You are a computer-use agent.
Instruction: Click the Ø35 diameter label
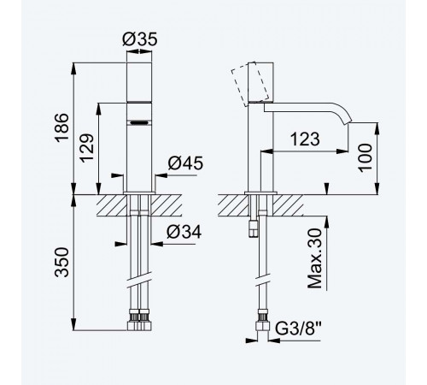click(x=140, y=39)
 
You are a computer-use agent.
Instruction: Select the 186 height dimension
click(x=61, y=127)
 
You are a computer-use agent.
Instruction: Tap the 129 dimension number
click(x=86, y=147)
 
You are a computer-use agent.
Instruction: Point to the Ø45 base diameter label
click(x=185, y=163)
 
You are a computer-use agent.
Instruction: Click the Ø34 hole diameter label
click(x=184, y=232)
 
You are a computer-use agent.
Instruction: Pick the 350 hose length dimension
click(x=61, y=262)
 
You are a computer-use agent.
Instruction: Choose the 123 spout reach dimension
click(x=305, y=139)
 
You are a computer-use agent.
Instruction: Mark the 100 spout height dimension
click(x=366, y=157)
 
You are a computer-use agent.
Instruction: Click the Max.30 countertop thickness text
click(x=315, y=258)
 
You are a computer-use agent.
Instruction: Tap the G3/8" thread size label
click(x=299, y=329)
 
